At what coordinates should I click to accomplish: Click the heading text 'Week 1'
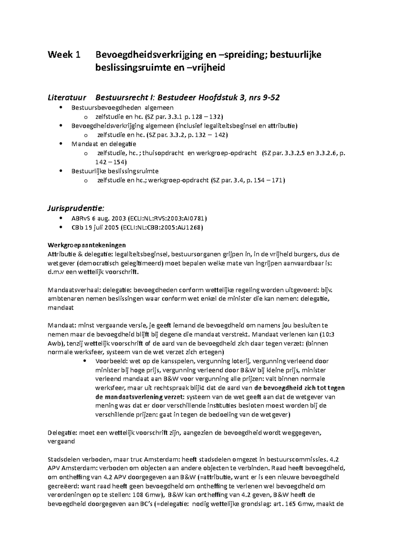point(64,55)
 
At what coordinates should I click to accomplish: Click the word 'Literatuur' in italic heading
point(67,98)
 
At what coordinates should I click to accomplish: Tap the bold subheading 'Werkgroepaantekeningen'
point(87,245)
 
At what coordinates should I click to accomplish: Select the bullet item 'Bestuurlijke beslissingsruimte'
point(115,171)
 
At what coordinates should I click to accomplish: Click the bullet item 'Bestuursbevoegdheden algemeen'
point(122,107)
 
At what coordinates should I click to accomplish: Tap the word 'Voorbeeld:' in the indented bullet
point(110,361)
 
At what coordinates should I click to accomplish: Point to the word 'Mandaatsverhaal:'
point(74,290)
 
